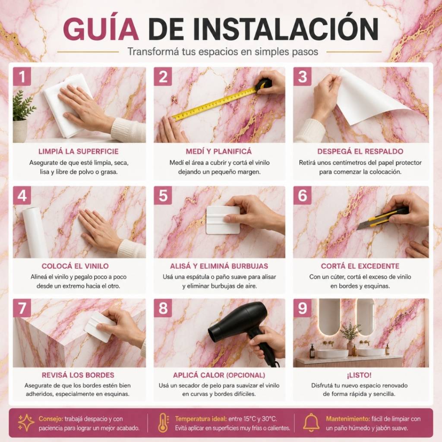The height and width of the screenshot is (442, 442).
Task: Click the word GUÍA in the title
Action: pyautogui.click(x=101, y=29)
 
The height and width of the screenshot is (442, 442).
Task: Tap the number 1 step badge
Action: pyautogui.click(x=22, y=76)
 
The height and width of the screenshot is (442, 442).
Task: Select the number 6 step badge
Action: pyautogui.click(x=302, y=196)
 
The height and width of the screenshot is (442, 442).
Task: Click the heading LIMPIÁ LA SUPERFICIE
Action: pyautogui.click(x=79, y=152)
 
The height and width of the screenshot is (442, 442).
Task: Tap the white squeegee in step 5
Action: pyautogui.click(x=223, y=220)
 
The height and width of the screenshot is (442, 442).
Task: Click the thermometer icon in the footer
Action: pyautogui.click(x=163, y=423)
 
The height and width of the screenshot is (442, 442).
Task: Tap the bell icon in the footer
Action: pyautogui.click(x=311, y=423)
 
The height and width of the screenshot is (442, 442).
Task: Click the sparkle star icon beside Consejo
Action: pyautogui.click(x=25, y=423)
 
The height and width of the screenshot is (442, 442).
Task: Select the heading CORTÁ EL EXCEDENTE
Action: pyautogui.click(x=360, y=266)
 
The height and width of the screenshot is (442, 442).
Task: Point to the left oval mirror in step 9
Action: pyautogui.click(x=329, y=317)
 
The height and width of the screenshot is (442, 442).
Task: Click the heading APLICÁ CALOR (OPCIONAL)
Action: pyautogui.click(x=219, y=375)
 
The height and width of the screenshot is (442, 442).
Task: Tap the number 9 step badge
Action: pyautogui.click(x=302, y=308)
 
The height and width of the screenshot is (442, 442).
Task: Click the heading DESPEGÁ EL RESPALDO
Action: pyautogui.click(x=360, y=152)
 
